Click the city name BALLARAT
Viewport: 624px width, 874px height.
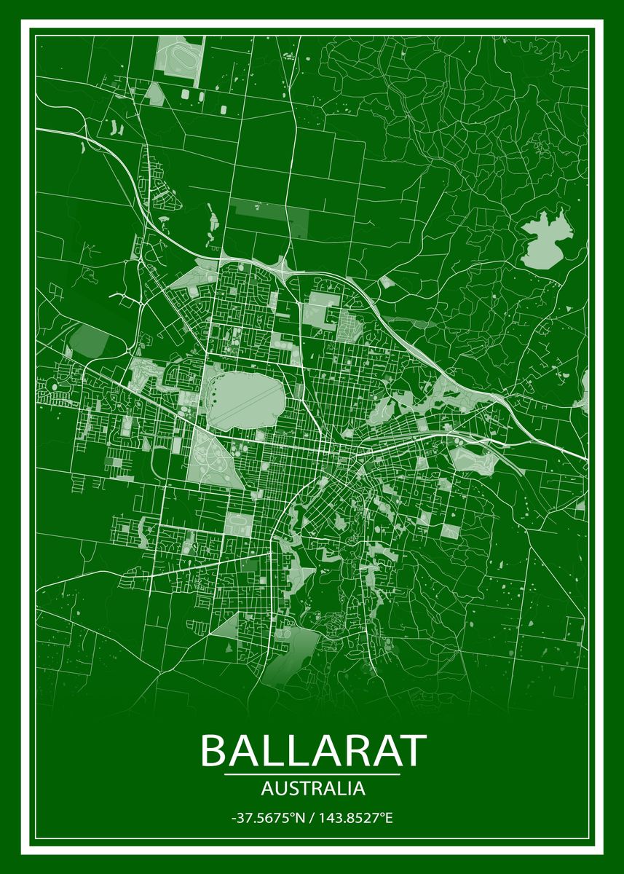(312, 750)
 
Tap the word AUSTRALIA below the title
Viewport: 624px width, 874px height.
(312, 788)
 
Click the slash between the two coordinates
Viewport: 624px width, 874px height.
(310, 818)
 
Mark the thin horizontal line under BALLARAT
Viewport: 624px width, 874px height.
(312, 774)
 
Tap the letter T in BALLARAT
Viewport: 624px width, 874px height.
(412, 750)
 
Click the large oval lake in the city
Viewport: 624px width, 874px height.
(245, 399)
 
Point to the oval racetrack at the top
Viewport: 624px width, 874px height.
(177, 56)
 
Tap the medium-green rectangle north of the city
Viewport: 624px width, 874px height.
(269, 217)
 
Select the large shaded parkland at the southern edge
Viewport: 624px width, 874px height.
(288, 659)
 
